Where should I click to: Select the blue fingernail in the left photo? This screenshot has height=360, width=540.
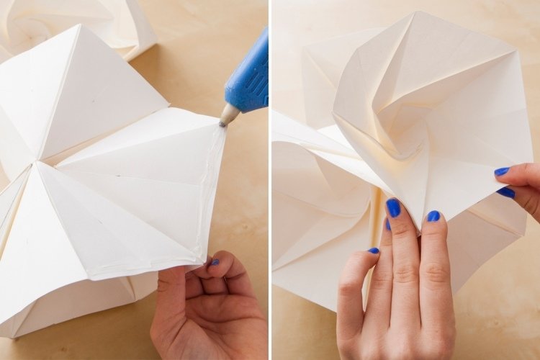[x=214, y=263]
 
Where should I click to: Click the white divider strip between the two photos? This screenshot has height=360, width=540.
[x=270, y=180]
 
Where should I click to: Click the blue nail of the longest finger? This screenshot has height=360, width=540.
[x=393, y=207]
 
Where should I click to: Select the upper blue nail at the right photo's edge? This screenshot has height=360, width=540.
[x=502, y=171]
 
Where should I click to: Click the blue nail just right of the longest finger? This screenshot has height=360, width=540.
[x=433, y=216]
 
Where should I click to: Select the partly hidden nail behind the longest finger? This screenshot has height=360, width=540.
[x=387, y=225]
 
